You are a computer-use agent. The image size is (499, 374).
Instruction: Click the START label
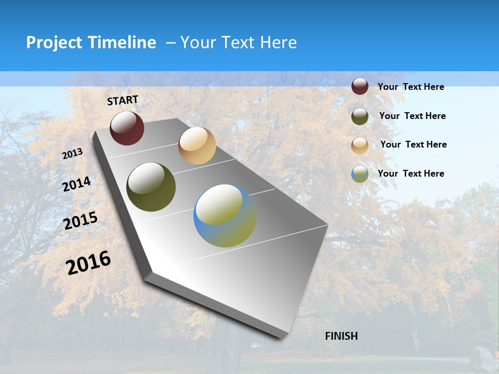[123, 100]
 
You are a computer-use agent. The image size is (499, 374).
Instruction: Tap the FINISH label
[342, 336]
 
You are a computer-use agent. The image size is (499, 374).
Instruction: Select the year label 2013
[73, 154]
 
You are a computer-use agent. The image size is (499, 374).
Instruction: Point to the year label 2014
[77, 184]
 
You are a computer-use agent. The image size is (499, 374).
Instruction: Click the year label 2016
[88, 262]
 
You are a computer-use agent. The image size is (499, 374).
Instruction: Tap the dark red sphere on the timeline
[127, 128]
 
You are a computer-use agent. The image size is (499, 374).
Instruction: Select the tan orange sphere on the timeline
[197, 145]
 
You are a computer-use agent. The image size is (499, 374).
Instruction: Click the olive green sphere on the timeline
[151, 187]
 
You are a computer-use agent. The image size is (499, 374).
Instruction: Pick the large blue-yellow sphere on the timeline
[225, 216]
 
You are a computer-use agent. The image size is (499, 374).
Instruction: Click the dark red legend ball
[360, 86]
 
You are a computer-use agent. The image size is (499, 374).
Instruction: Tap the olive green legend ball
[360, 116]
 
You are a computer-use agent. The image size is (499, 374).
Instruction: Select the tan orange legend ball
[360, 145]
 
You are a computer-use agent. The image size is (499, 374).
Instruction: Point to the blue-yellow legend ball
[360, 174]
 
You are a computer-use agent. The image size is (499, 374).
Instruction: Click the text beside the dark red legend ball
[411, 87]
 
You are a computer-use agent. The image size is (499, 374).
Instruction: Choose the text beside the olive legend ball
[412, 116]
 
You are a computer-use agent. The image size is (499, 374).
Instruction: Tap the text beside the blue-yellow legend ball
[411, 173]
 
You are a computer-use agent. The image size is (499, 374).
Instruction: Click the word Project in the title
[55, 43]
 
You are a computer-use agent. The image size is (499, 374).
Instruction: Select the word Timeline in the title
[123, 43]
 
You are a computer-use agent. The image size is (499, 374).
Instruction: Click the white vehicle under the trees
[255, 345]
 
